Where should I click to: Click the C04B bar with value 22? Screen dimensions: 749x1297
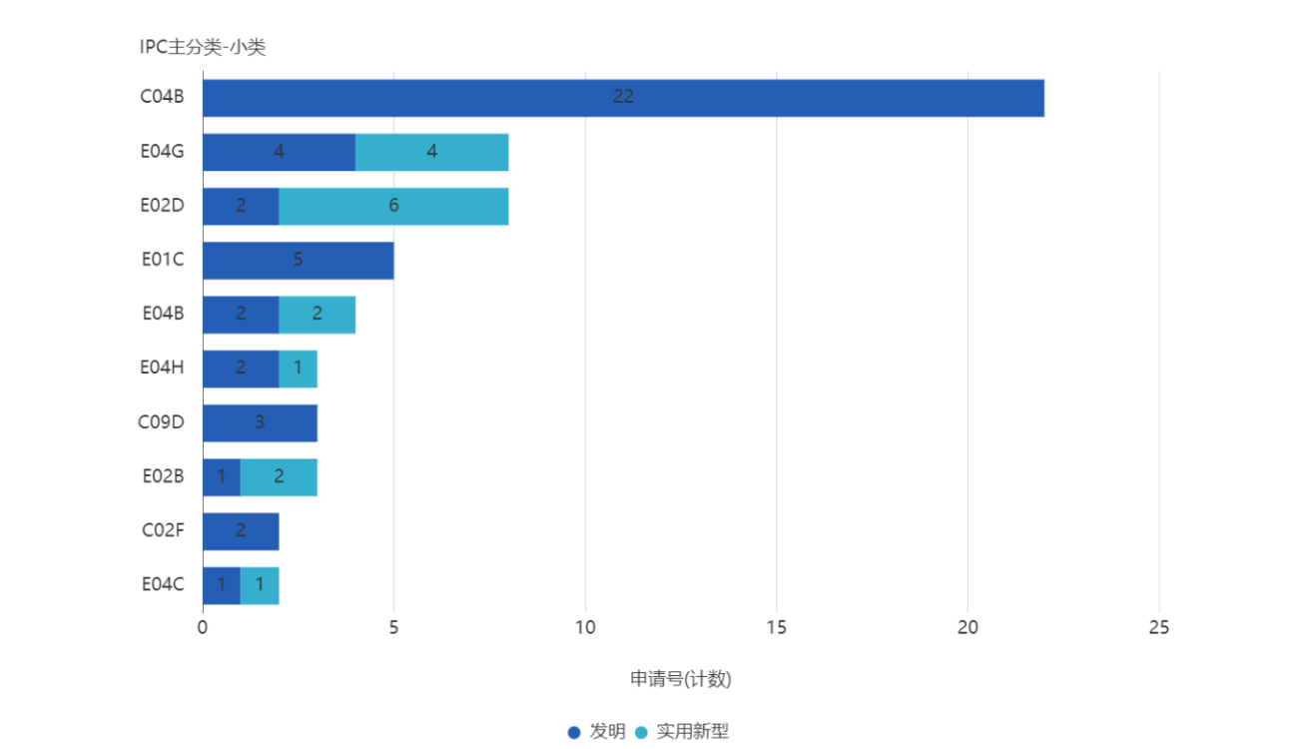[x=623, y=98]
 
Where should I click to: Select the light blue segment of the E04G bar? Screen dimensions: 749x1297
[x=431, y=152]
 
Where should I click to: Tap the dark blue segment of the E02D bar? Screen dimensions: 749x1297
[x=241, y=207]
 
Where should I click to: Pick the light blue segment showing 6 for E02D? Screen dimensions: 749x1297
[x=393, y=207]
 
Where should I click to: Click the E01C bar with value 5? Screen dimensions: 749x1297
[x=298, y=261]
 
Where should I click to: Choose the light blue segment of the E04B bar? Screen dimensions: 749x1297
[x=318, y=315]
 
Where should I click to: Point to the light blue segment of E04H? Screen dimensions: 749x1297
[x=299, y=369]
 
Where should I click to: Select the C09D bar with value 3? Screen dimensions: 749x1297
[x=260, y=423]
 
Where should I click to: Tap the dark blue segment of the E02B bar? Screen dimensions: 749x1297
[x=222, y=477]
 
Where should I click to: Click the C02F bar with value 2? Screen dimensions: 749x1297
[x=241, y=531]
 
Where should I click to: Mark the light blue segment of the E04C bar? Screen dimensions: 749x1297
[x=260, y=585]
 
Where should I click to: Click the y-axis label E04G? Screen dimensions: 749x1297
[x=163, y=152]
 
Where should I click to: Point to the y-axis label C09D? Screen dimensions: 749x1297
[x=161, y=422]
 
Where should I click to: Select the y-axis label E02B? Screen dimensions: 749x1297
[x=163, y=476]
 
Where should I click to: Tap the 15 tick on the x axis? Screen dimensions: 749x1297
[x=777, y=627]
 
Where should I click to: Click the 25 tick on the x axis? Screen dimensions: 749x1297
[x=1159, y=627]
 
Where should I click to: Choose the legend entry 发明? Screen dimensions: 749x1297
[x=597, y=732]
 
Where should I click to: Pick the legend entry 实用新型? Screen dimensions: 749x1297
[x=682, y=732]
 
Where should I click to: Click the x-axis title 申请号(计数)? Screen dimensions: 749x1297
[x=681, y=679]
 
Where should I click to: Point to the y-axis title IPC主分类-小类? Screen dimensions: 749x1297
[x=203, y=47]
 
